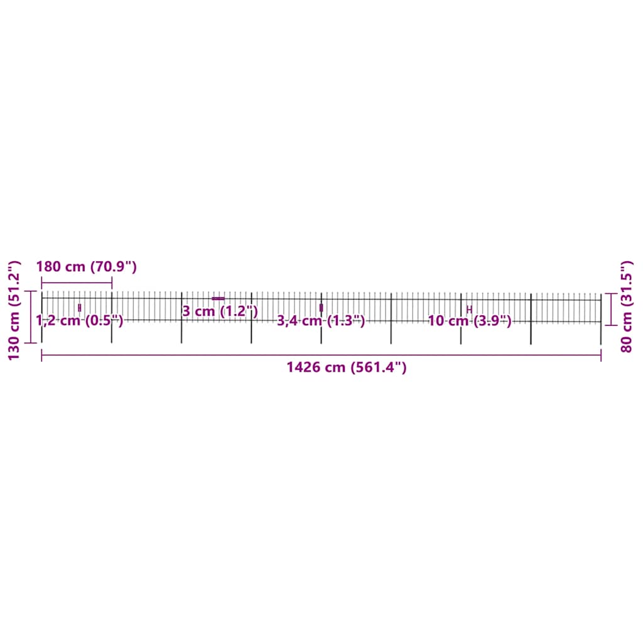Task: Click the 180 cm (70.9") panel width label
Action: [86, 266]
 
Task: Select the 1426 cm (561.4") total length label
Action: [347, 367]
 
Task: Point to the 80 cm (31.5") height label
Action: [625, 307]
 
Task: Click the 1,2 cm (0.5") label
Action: [80, 321]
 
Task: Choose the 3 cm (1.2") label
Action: [220, 311]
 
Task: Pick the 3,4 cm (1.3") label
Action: [321, 321]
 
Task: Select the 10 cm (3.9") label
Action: [469, 321]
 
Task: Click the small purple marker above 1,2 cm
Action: [79, 308]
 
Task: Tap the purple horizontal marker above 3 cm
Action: [218, 298]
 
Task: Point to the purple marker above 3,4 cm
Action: [321, 308]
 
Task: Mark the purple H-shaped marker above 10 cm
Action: [469, 310]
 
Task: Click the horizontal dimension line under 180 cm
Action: [77, 283]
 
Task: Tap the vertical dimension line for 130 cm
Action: [31, 317]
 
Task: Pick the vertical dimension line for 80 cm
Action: [613, 308]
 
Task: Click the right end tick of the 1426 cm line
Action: [601, 355]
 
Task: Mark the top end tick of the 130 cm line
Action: [31, 291]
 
